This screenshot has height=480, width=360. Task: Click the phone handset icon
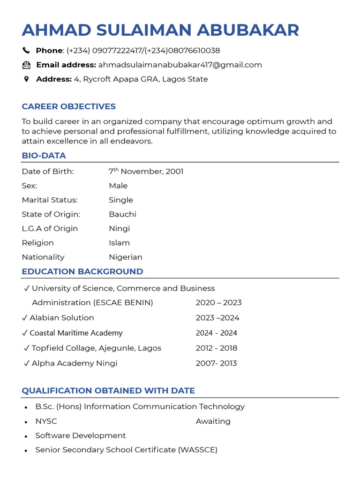tap(26, 51)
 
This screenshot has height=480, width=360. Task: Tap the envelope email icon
tap(26, 65)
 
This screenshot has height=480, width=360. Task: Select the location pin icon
tap(26, 79)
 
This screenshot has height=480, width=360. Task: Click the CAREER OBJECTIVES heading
tap(68, 106)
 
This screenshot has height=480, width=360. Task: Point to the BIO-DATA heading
tap(44, 156)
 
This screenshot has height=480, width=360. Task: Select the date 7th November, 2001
tap(146, 172)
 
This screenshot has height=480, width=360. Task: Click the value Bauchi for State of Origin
tap(122, 214)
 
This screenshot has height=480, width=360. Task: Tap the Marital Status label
tap(50, 200)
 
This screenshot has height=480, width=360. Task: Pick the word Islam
tap(119, 243)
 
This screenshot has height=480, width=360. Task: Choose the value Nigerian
tap(126, 257)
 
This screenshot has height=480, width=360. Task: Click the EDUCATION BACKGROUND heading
tap(82, 271)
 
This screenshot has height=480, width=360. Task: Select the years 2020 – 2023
tap(218, 303)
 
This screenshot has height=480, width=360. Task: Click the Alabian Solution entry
tap(61, 318)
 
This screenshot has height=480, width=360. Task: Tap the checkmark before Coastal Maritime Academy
tap(25, 333)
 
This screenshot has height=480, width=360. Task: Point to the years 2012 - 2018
tap(217, 348)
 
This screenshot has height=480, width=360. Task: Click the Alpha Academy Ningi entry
tap(74, 363)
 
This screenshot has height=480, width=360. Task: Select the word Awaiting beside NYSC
tap(213, 421)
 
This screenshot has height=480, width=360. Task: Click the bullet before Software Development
tap(26, 436)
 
